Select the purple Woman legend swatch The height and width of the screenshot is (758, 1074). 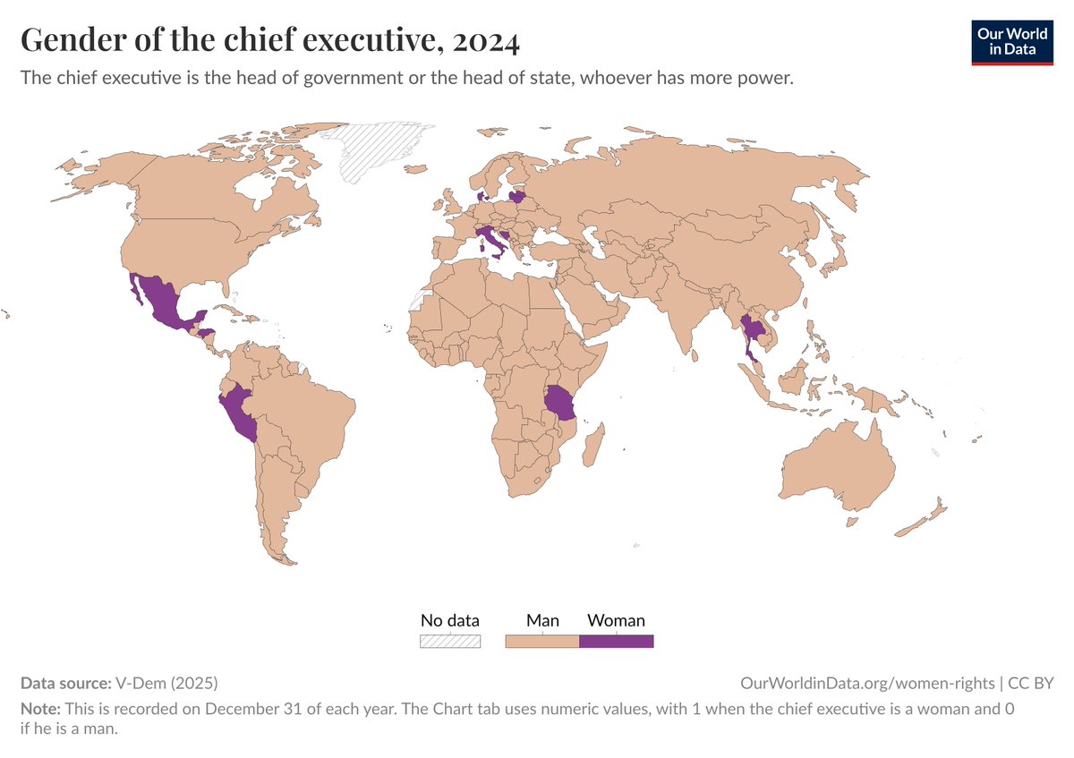coord(616,641)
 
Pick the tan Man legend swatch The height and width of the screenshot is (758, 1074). coord(542,641)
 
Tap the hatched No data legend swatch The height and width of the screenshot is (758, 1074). coord(450,641)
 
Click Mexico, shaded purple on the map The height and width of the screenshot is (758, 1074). coord(161,301)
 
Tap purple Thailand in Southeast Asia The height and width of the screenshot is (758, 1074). coord(753,332)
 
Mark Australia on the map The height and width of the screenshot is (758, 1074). coord(837,465)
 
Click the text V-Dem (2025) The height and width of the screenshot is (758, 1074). coord(166,683)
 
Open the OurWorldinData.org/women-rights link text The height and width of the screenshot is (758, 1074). coord(867,683)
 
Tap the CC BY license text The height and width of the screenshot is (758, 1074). coord(1031,683)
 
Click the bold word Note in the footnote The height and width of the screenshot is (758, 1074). coord(38,707)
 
